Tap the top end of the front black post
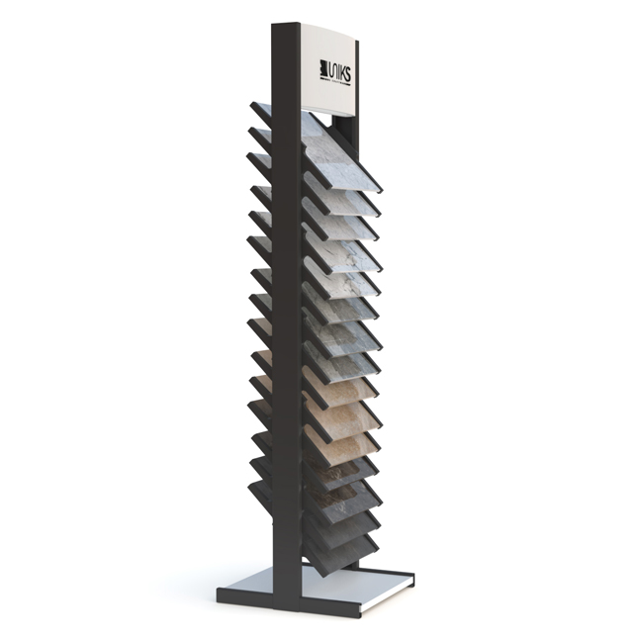[286, 27]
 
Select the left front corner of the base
[220, 594]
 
